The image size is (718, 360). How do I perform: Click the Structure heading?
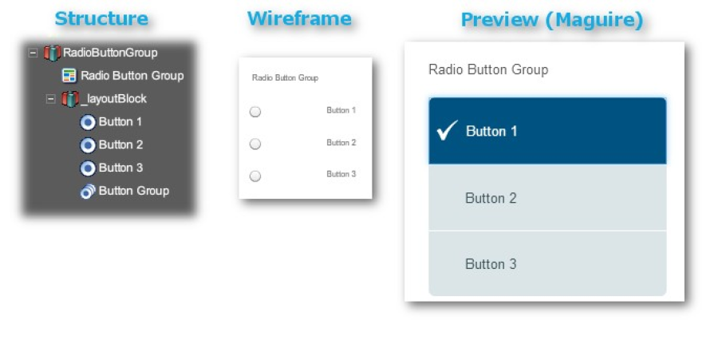(x=101, y=19)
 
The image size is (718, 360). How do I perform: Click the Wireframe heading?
(x=299, y=19)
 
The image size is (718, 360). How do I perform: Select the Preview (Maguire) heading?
(x=552, y=20)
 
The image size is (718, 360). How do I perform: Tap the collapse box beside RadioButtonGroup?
(x=33, y=53)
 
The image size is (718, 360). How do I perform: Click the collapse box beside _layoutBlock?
(x=51, y=99)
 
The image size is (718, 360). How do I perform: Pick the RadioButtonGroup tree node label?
(x=110, y=53)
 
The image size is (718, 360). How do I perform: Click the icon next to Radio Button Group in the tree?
(x=69, y=76)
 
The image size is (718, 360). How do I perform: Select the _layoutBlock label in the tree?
(x=113, y=99)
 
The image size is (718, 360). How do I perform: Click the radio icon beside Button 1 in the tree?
(x=88, y=122)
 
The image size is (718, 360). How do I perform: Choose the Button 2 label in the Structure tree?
(x=121, y=144)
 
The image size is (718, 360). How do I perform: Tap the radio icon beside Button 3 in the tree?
(x=88, y=168)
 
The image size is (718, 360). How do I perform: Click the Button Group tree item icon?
(x=88, y=191)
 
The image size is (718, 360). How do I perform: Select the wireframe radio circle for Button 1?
(x=255, y=112)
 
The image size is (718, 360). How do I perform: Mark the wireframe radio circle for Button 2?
(x=255, y=144)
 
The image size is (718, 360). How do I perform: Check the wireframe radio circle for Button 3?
(x=255, y=176)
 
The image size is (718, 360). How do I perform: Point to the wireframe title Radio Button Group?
(x=285, y=78)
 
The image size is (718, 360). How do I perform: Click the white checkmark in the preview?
(x=447, y=130)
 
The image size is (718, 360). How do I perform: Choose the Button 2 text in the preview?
(x=491, y=198)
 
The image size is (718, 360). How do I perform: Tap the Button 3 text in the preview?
(x=491, y=264)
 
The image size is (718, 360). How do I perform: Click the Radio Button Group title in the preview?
(x=488, y=69)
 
